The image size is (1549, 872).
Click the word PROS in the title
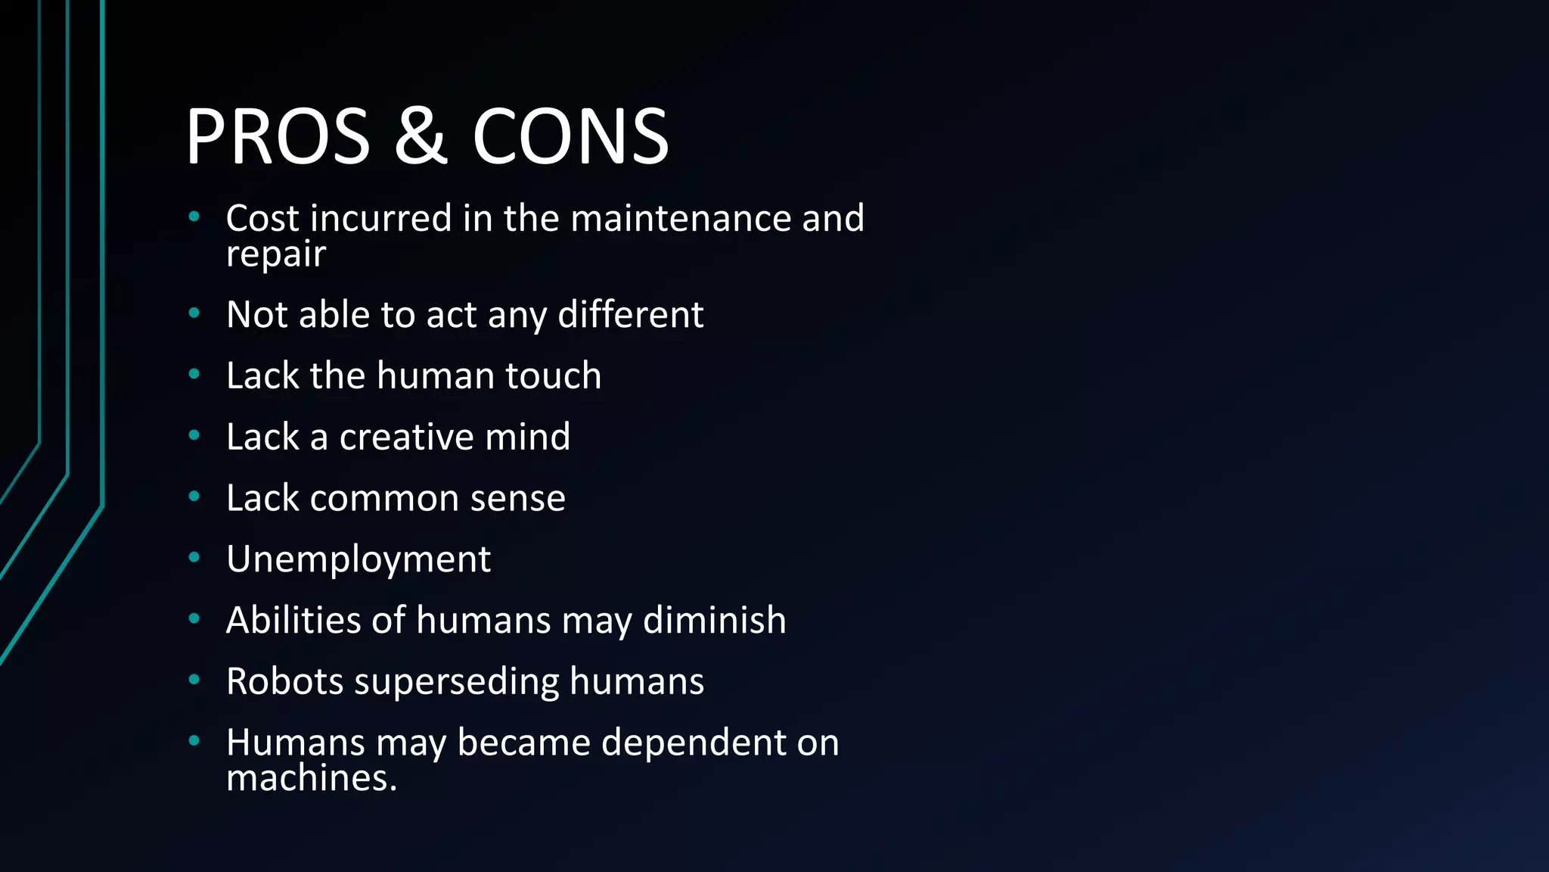(x=278, y=136)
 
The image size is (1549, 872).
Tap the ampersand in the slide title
(x=421, y=136)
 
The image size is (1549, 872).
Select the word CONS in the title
(x=570, y=136)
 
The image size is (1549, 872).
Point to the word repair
(x=275, y=254)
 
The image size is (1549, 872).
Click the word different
(x=630, y=315)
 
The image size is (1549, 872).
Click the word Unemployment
(x=359, y=560)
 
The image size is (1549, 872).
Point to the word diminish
(x=714, y=621)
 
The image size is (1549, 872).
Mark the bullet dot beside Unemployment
(x=194, y=558)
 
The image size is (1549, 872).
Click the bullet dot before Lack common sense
(x=194, y=497)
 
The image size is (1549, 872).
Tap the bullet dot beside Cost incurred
(x=194, y=216)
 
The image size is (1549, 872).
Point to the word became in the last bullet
(x=523, y=743)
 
